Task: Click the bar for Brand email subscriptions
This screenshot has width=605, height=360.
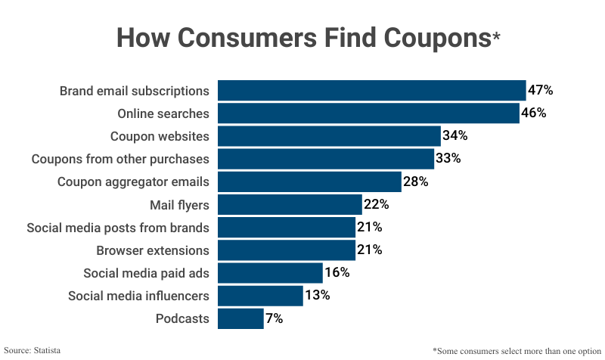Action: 371,91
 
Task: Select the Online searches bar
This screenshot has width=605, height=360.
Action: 368,113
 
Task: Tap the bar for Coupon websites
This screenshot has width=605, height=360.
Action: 329,136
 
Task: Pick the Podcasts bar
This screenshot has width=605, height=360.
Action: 240,318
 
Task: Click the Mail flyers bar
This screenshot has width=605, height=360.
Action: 290,204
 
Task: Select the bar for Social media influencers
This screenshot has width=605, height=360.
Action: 260,296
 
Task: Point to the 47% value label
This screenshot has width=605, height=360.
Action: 541,91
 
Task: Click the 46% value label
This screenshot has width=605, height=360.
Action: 534,113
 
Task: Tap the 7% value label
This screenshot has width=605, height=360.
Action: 274,318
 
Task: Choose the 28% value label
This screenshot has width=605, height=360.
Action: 416,182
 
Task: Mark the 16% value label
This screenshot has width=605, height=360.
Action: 337,273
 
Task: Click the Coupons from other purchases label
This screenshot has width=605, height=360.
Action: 120,159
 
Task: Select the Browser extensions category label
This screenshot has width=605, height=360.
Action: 153,250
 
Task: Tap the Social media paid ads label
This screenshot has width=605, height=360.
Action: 146,273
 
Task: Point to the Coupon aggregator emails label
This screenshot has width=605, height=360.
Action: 134,182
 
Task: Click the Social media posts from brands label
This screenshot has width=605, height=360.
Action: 118,228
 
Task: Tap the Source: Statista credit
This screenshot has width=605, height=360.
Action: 33,350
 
